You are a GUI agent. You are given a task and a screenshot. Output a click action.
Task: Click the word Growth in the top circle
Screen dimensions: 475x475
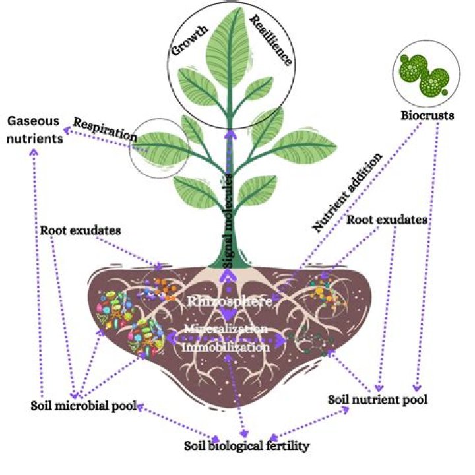click(190, 40)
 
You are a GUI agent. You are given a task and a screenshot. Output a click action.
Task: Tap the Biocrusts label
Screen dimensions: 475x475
click(427, 116)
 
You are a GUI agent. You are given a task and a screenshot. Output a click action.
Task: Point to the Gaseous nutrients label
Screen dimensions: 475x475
click(35, 130)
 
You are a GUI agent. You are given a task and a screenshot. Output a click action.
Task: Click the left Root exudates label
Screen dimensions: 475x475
click(79, 230)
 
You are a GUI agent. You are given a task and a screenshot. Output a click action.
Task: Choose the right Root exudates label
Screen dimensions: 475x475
click(388, 219)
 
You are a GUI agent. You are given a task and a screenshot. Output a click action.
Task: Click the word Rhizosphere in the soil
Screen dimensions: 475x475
click(230, 301)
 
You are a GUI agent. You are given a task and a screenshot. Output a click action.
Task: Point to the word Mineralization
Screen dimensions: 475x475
click(226, 328)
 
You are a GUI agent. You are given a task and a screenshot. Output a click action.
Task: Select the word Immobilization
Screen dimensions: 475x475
click(226, 345)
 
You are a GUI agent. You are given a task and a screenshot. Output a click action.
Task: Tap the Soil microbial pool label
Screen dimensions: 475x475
click(82, 406)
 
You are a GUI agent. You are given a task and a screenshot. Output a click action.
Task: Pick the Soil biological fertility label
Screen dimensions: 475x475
click(246, 447)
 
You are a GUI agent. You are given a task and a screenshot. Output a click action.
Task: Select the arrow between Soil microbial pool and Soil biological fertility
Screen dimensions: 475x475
click(178, 423)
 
